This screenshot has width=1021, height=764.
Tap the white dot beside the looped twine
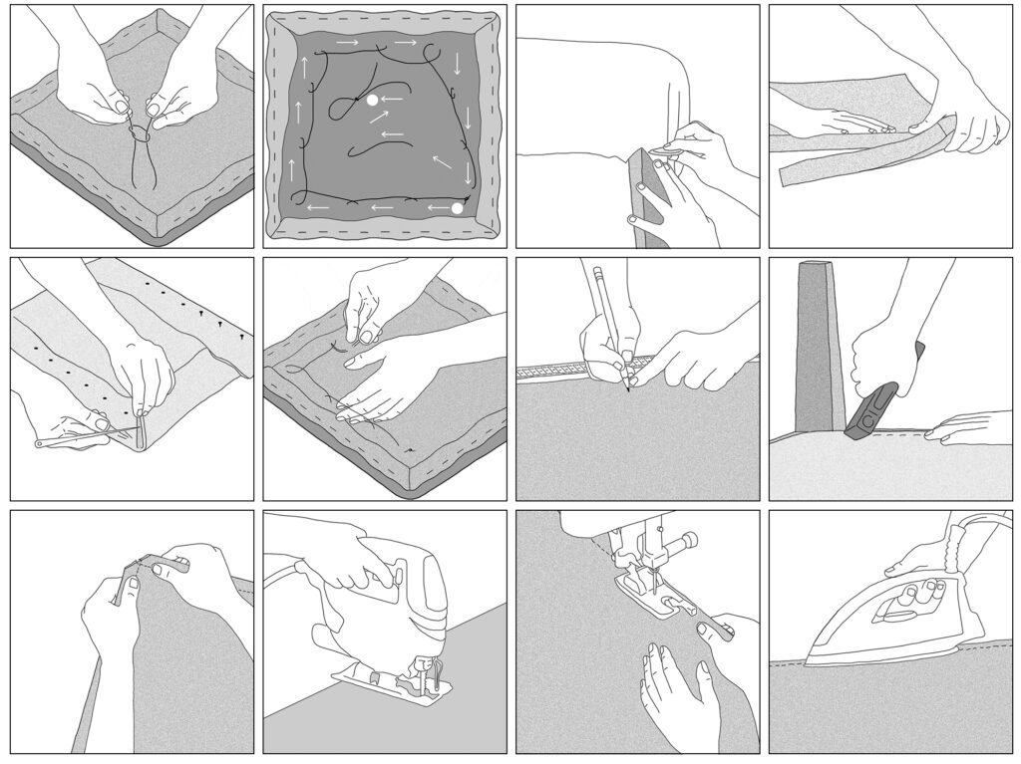click(x=372, y=101)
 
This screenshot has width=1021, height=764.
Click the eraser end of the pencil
click(x=598, y=270)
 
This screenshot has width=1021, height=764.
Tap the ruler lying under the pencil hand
click(x=558, y=370)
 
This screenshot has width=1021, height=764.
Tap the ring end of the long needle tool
click(x=41, y=443)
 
